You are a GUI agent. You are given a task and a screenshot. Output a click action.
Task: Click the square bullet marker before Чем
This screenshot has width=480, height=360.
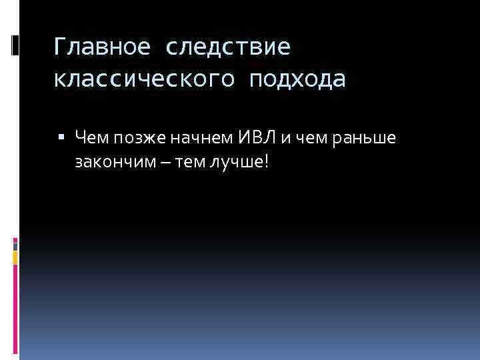[x=62, y=137]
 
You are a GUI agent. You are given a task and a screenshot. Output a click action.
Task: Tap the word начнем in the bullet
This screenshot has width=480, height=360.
[x=199, y=137]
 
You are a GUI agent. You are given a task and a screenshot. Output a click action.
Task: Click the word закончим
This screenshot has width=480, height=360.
[x=110, y=162]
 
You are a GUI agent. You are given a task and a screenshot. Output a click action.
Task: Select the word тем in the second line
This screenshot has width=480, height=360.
[x=177, y=163]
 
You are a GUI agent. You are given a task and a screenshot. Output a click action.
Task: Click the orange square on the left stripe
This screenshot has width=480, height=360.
[x=15, y=257]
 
